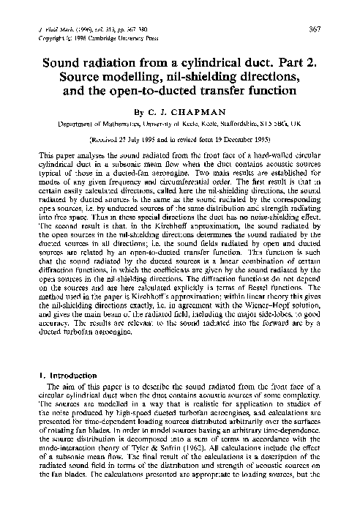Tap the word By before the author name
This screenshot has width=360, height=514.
click(x=140, y=114)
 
